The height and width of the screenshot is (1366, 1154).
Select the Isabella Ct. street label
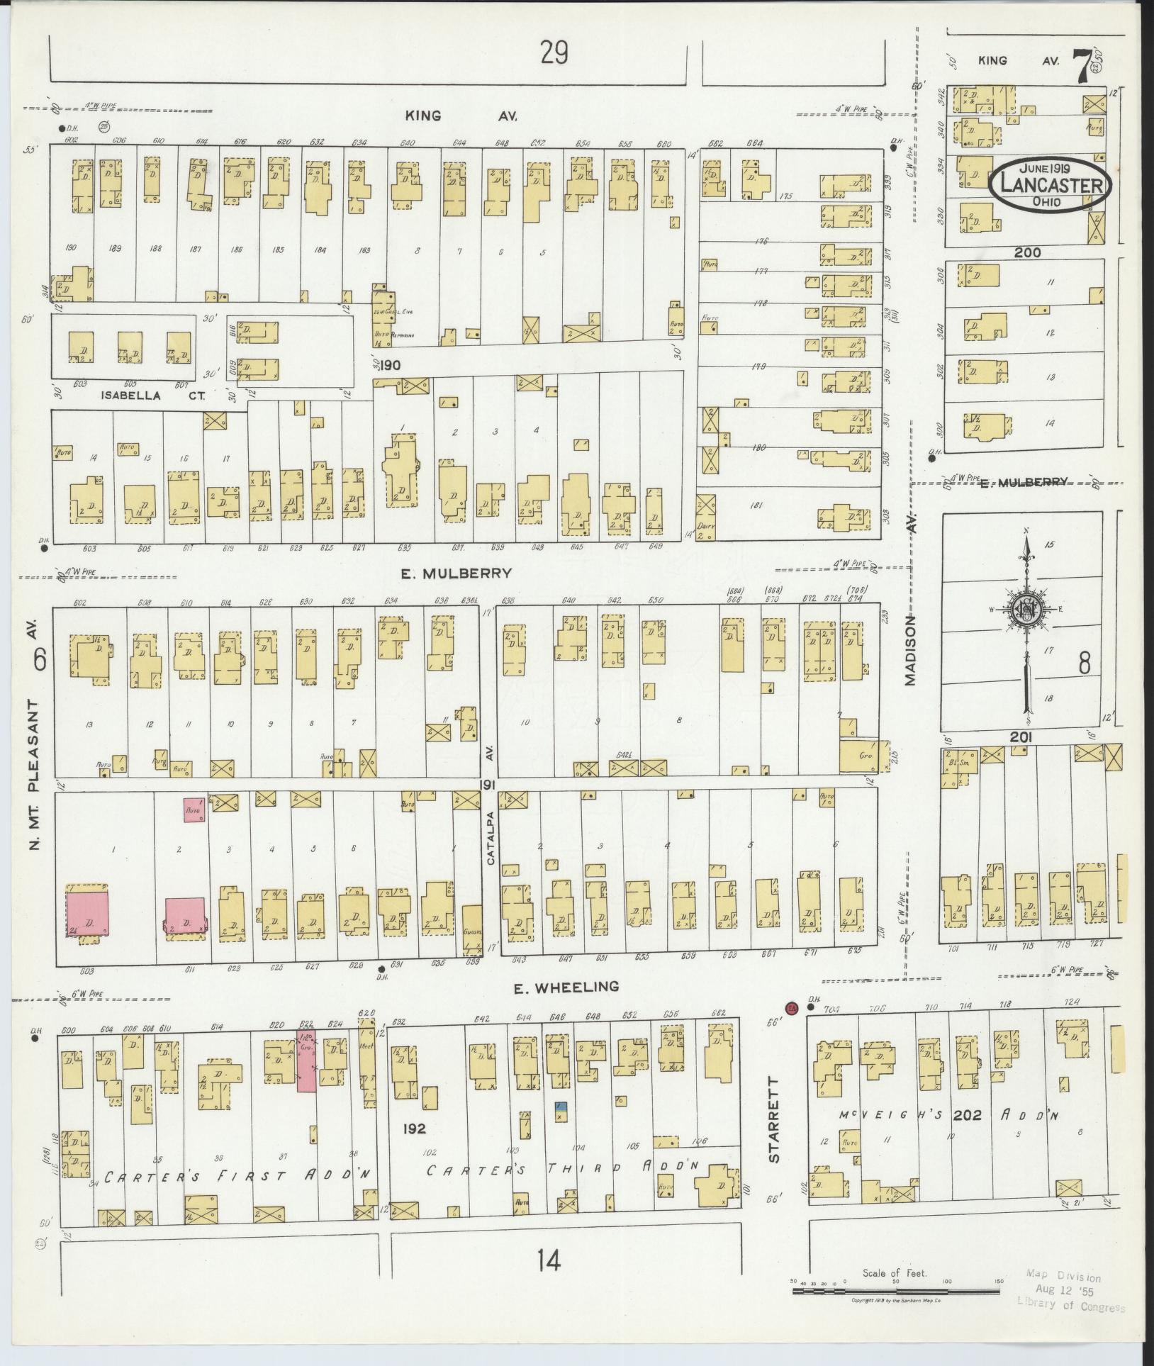coord(130,396)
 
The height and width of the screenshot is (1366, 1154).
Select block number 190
coord(389,366)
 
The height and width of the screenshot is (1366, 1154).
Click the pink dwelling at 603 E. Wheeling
coord(88,913)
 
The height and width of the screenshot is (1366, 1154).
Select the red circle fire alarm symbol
coord(792,1007)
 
